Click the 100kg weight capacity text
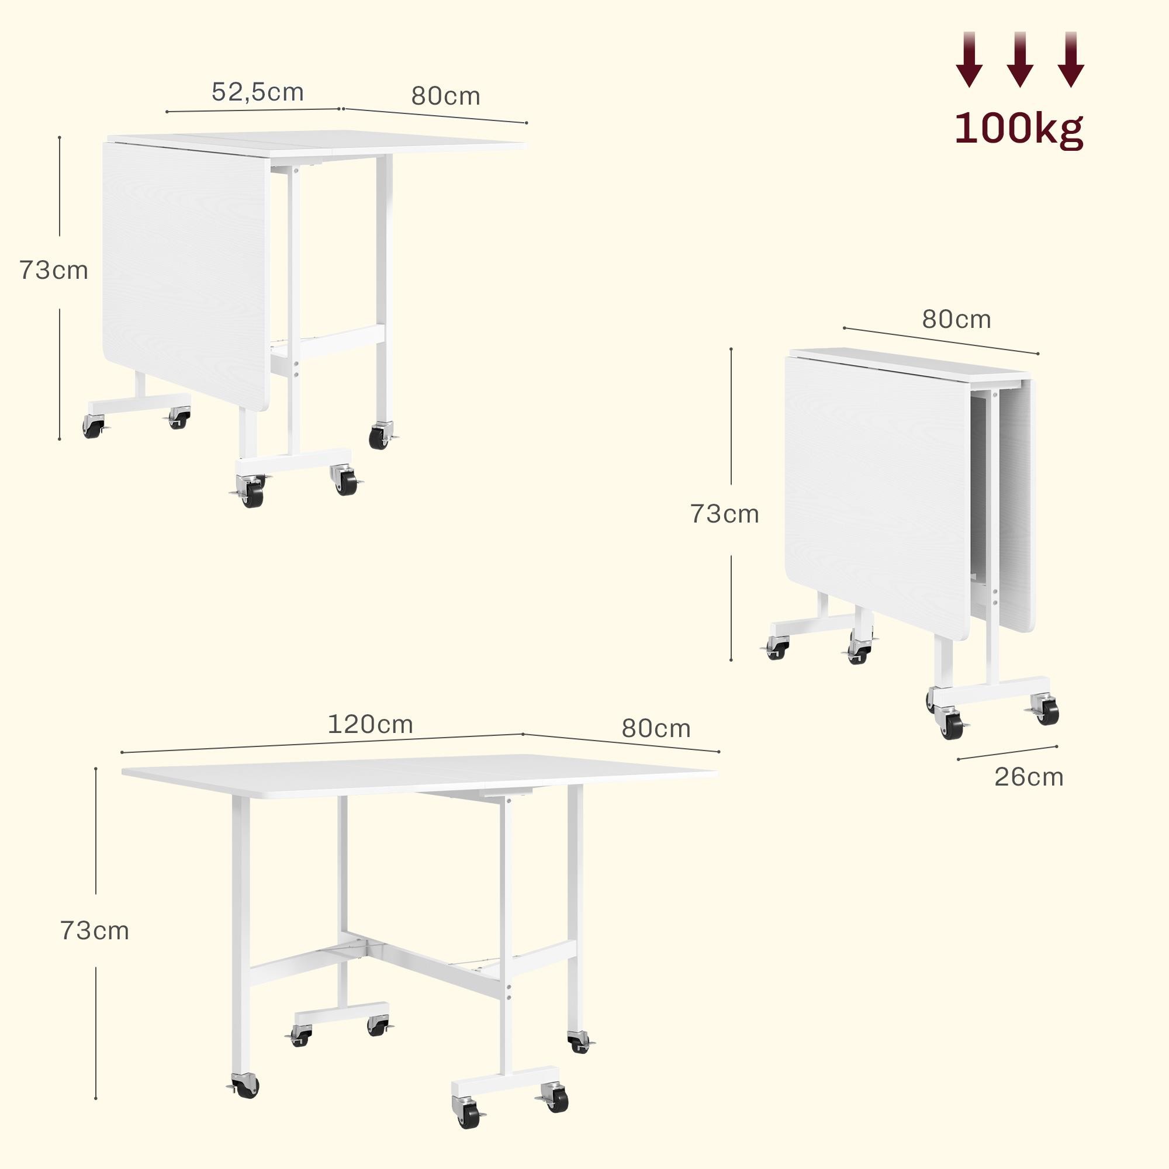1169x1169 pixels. pos(1019,129)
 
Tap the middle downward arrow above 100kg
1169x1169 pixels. pos(1019,59)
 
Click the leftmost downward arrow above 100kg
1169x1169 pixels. pos(969,59)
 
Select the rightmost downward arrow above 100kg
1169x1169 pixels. pos(1071,59)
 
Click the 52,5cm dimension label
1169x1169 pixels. pos(258,92)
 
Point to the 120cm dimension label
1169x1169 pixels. pos(371,724)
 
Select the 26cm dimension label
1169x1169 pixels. pos(1029,777)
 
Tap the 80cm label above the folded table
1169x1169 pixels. pos(957,320)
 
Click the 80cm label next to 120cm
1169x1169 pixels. pos(656,728)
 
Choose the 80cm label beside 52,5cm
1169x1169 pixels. pos(446,96)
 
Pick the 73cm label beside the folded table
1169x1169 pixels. pos(725,514)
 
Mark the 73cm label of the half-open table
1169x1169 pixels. pos(54,270)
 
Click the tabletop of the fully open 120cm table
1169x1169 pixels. pos(420,774)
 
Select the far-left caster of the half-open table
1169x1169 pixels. pos(93,427)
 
